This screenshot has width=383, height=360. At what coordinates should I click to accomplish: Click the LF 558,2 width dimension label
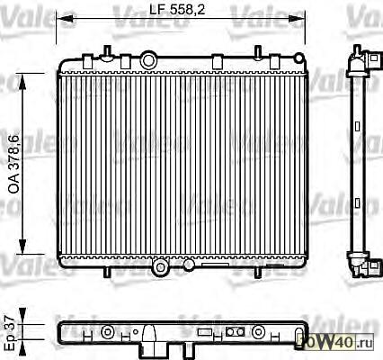(177, 10)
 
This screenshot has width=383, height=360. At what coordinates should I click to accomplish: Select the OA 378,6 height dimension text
(13, 164)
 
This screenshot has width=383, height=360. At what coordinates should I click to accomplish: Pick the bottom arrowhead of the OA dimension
(22, 246)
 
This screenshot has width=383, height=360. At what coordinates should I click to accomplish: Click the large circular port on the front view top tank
(148, 60)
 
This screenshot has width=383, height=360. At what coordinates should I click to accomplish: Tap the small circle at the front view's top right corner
(299, 58)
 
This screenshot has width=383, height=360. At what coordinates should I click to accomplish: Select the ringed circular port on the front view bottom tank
(161, 267)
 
